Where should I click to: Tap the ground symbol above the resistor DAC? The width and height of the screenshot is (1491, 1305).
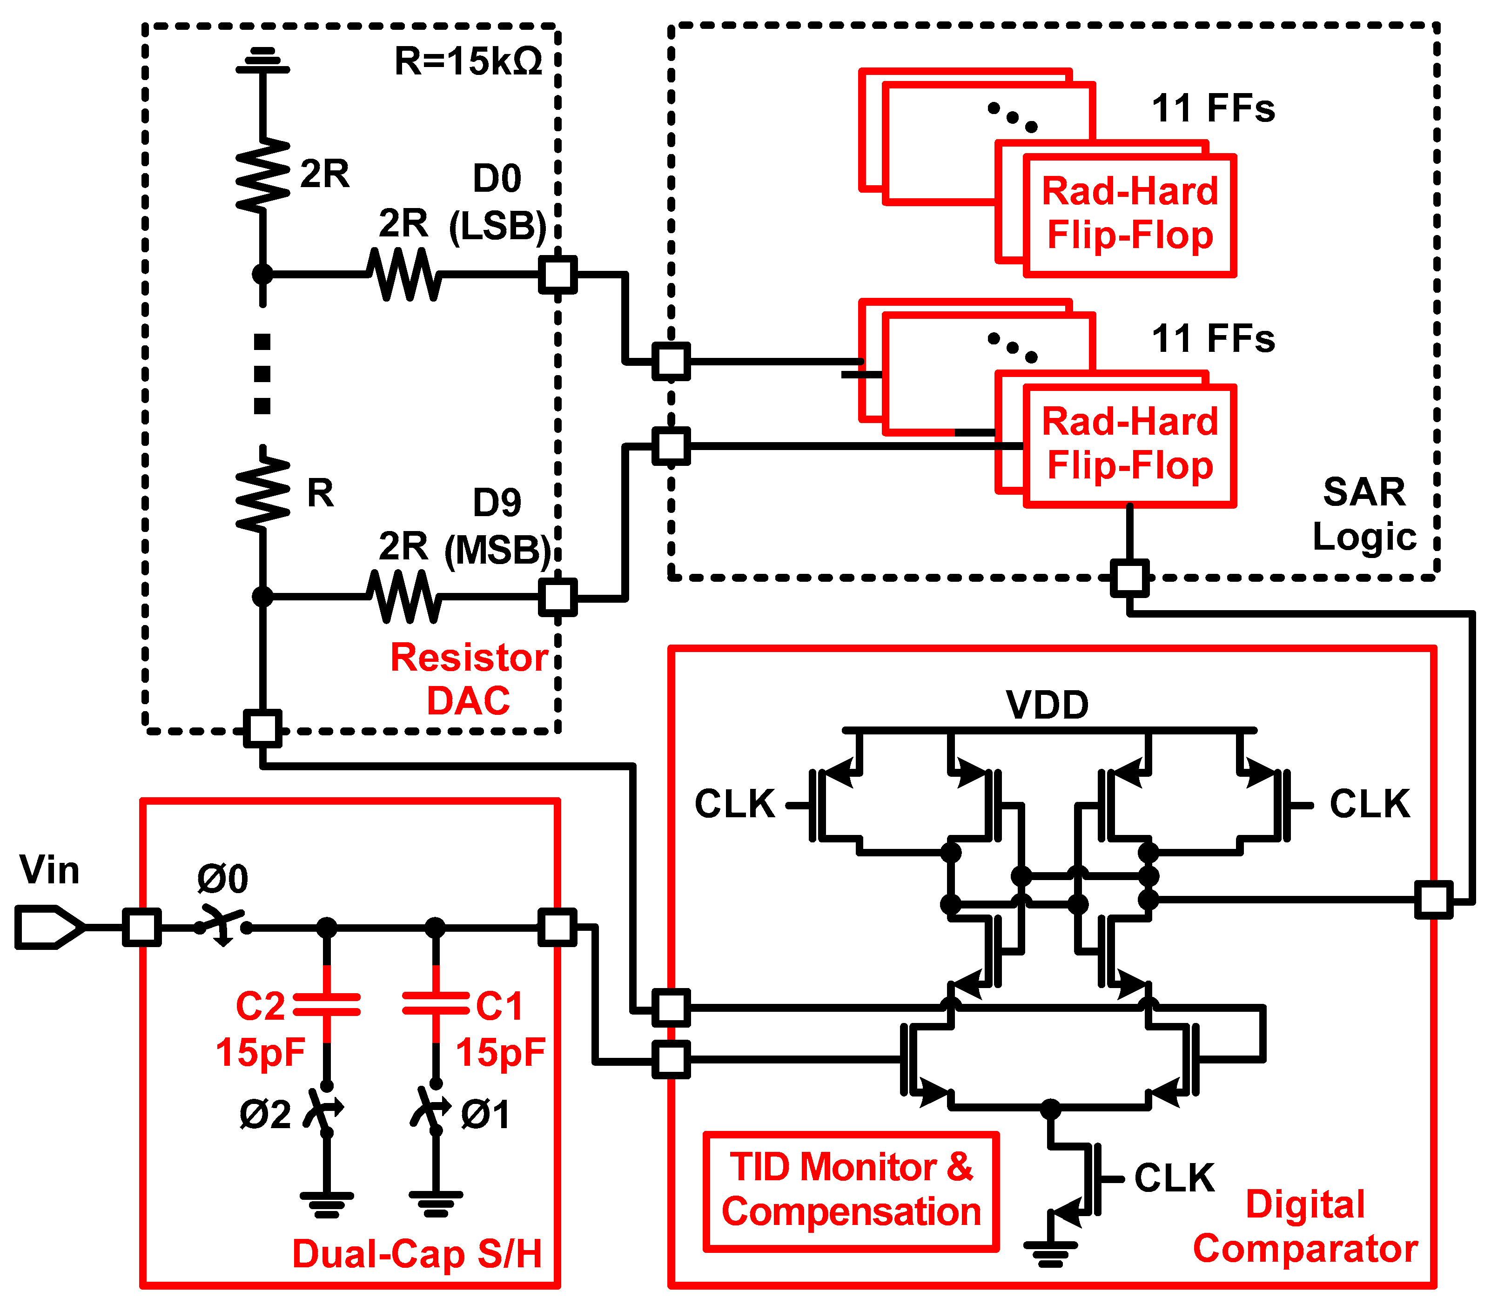[x=262, y=62]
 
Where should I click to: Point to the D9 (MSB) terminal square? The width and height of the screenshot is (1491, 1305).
[x=557, y=597]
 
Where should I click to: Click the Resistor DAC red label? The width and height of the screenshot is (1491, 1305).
[x=469, y=679]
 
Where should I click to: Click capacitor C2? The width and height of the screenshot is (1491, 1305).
[x=326, y=1004]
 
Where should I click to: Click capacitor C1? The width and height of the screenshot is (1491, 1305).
[x=436, y=1004]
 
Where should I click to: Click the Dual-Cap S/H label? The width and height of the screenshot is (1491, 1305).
[x=417, y=1254]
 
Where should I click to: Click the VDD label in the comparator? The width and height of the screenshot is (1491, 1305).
[x=1047, y=705]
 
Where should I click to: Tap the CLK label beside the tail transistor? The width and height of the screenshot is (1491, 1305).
[x=1174, y=1177]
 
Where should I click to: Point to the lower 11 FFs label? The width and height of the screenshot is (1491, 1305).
[x=1213, y=339]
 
